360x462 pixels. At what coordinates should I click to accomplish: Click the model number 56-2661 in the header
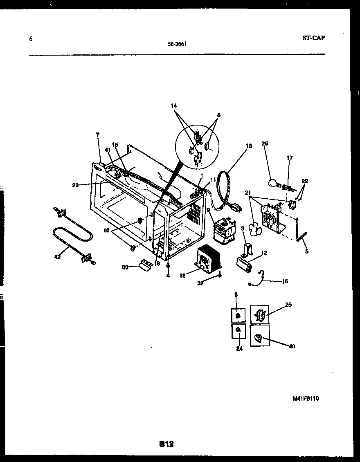pos(177,45)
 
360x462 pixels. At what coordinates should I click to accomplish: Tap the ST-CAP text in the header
pos(314,38)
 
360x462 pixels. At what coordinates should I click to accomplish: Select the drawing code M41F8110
pos(306,399)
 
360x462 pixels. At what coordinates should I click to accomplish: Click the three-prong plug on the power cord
pos(236,208)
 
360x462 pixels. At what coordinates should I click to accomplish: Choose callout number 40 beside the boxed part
pos(291,347)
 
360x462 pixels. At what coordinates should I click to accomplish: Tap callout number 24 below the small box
pos(239,348)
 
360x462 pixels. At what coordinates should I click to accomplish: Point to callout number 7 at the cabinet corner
pos(97,135)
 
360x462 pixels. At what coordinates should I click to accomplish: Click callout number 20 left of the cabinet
pos(75,185)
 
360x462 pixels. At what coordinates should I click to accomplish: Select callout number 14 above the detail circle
pos(174,106)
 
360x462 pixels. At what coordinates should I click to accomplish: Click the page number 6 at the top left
pos(31,39)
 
